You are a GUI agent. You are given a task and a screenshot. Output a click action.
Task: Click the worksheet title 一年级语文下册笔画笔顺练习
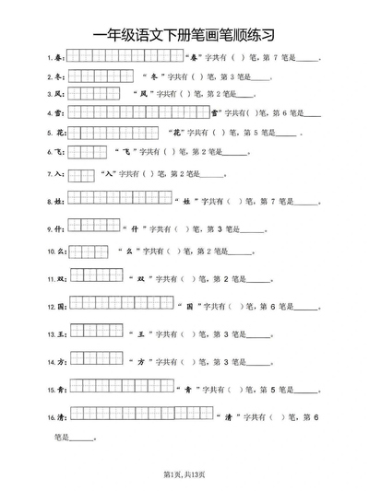(184, 34)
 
